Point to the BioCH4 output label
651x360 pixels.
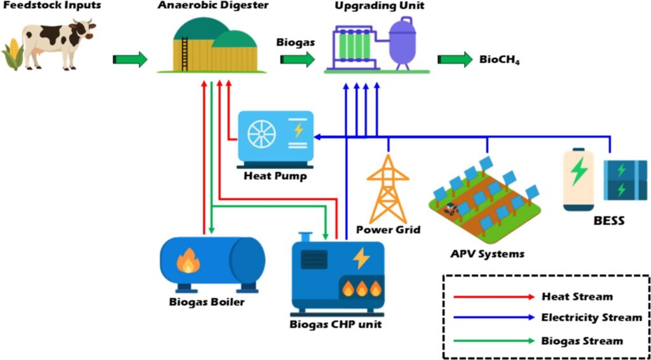pyautogui.click(x=495, y=61)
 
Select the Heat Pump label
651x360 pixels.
pyautogui.click(x=275, y=176)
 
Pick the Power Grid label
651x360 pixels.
pyautogui.click(x=388, y=230)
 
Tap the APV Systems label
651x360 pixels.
pyautogui.click(x=487, y=254)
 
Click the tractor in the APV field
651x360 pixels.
pyautogui.click(x=451, y=207)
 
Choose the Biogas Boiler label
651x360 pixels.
pyautogui.click(x=207, y=302)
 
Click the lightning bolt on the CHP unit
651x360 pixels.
pyautogui.click(x=361, y=258)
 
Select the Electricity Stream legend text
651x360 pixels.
pyautogui.click(x=591, y=317)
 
